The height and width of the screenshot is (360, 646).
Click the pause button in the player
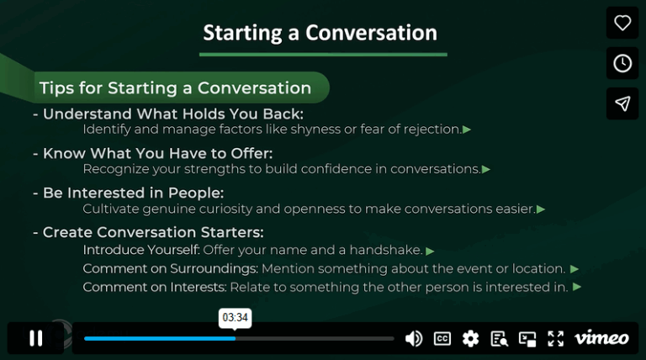35,338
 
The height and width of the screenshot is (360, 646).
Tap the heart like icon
622,24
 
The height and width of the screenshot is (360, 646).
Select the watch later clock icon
622,64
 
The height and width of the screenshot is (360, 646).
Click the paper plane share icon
622,103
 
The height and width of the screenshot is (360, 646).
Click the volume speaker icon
413,338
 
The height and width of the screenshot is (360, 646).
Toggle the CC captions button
442,338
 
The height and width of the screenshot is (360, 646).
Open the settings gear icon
470,338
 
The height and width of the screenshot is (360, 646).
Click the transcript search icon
499,338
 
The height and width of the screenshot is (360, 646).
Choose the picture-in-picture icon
527,338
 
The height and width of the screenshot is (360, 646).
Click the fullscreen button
556,338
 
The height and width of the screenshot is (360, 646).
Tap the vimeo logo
601,338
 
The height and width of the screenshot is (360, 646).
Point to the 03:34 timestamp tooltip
236,318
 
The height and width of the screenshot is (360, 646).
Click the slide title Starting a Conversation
320,33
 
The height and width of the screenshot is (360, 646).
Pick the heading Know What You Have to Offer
157,153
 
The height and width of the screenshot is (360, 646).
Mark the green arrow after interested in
577,287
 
